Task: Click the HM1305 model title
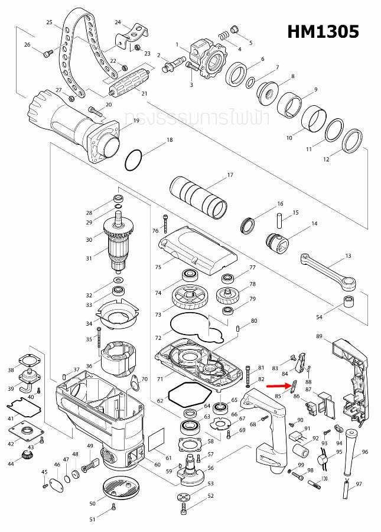click(323, 31)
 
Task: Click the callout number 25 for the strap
click(50, 22)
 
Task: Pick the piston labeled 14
click(276, 242)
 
